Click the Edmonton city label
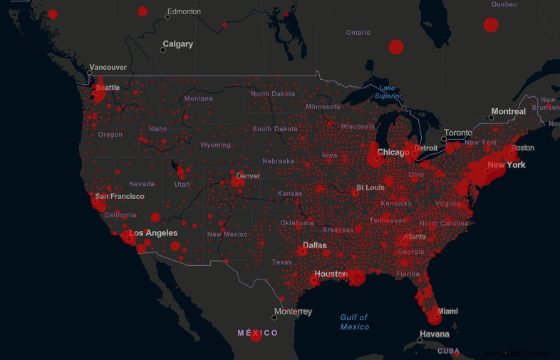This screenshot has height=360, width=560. coord(183,12)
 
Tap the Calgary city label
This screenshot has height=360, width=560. coord(177,44)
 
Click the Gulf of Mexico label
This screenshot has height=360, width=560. coord(354,322)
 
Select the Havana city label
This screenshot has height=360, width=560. coord(435,334)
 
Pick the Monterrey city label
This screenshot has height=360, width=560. coord(293,312)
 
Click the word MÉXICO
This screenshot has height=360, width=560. coord(258,333)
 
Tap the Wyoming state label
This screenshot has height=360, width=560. coord(215,145)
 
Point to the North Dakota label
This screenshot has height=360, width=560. coord(272,94)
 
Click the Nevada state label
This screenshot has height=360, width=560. coord(142,184)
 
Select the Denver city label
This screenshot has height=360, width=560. coord(248,176)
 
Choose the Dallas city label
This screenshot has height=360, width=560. coord(314,246)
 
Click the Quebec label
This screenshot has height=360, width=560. coord(504,4)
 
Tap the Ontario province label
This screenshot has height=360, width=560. coord(358,33)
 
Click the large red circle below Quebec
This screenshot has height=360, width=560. coord(490,26)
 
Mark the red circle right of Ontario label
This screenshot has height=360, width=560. coord(396,47)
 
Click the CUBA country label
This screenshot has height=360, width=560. coord(448,351)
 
